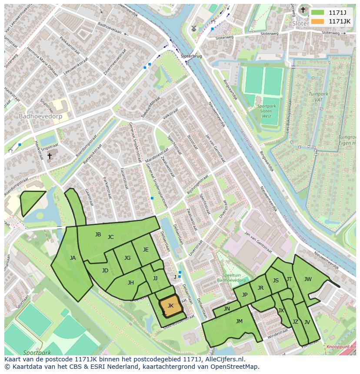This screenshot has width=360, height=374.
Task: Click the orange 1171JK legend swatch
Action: pyautogui.click(x=318, y=21)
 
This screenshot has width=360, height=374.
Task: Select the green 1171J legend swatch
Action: pyautogui.click(x=318, y=13)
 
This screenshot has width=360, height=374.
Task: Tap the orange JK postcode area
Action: pyautogui.click(x=170, y=305)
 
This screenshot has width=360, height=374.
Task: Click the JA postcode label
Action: pyautogui.click(x=73, y=258)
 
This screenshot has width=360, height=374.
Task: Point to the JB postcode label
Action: pyautogui.click(x=98, y=235)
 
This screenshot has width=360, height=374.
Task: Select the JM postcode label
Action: pyautogui.click(x=239, y=321)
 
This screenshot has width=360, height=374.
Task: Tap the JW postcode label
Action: pyautogui.click(x=308, y=279)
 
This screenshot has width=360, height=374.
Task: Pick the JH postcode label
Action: pyautogui.click(x=130, y=283)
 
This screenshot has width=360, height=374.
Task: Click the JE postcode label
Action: pyautogui.click(x=146, y=249)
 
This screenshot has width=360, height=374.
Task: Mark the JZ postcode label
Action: pyautogui.click(x=295, y=322)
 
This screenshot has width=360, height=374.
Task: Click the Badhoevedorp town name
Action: pyautogui.click(x=40, y=116)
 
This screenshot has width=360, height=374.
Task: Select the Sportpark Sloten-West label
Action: pyautogui.click(x=267, y=111)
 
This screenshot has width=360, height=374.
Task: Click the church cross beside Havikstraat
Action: pyautogui.click(x=49, y=156)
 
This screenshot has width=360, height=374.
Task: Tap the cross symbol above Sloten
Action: pyautogui.click(x=303, y=10)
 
